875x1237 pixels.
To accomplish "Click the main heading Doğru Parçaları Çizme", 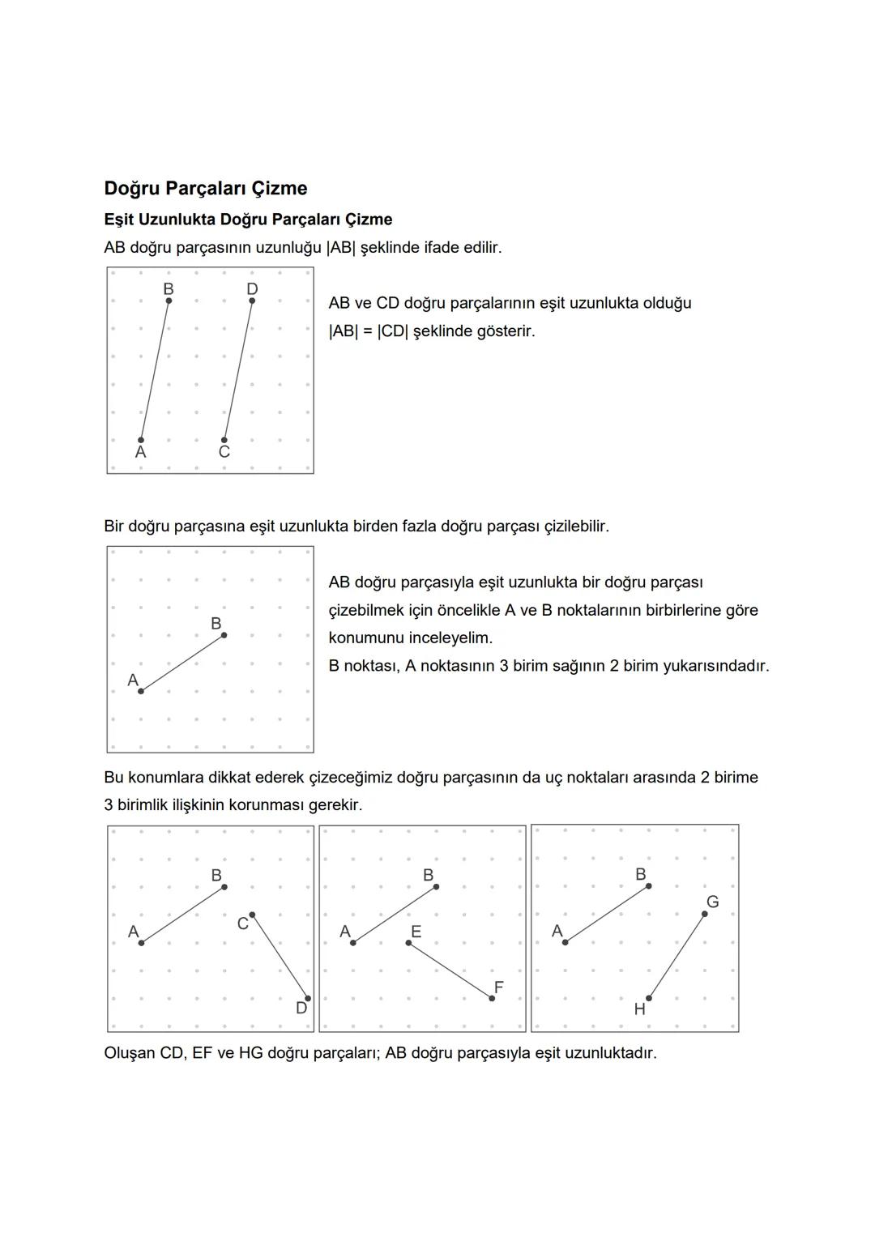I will (206, 189).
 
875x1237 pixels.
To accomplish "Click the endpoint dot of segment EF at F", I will (492, 998).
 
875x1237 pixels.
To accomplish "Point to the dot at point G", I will (704, 914).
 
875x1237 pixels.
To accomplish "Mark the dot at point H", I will (648, 998).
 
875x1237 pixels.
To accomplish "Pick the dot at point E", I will (408, 942).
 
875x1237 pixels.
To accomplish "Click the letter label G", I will (712, 902).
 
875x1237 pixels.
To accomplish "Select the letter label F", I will (498, 987).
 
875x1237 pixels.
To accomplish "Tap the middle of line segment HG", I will (677, 956).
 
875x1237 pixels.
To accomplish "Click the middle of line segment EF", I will (450, 970).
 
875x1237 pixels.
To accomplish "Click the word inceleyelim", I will (450, 638).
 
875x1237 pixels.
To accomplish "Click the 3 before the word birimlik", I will (109, 805).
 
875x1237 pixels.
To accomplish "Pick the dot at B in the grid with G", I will (648, 886).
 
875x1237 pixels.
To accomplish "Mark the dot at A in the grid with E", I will (353, 942).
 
